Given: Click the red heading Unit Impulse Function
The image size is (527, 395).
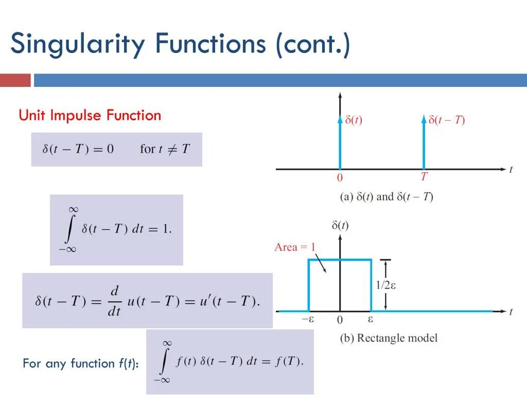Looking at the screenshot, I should click(90, 115).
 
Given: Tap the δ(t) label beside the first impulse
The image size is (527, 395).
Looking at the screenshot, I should click(354, 120).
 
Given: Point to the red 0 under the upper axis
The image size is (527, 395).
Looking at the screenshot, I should click(340, 178).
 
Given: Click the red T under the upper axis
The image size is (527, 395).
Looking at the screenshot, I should click(424, 177).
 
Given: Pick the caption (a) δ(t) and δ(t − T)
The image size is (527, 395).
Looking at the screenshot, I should click(387, 197).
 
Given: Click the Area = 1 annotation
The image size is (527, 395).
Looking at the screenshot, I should click(294, 247).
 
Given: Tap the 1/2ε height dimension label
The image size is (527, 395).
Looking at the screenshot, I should click(386, 285).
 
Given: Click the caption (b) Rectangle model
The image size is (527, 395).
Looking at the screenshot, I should click(389, 338).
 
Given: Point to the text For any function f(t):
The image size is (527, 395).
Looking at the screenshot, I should click(80, 364).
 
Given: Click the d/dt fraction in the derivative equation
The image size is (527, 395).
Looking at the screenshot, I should click(115, 301).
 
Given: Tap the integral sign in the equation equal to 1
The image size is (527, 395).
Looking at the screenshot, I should click(69, 229).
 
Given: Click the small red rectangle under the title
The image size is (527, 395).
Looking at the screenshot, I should click(15, 80).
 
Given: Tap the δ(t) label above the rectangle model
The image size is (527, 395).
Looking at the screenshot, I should click(340, 225).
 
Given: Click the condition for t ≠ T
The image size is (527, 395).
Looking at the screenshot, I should click(165, 149).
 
